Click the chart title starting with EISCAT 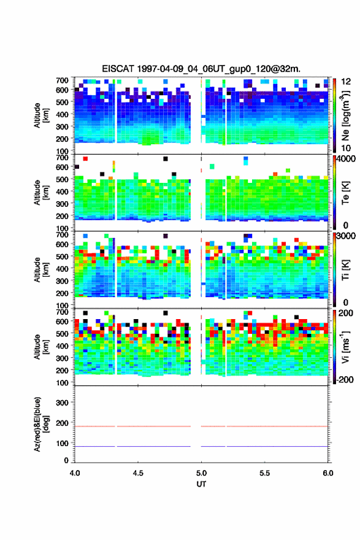[x=201, y=69]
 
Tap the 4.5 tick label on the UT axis [x=138, y=473]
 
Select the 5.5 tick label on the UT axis [x=265, y=473]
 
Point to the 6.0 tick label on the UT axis [x=328, y=473]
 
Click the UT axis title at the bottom [x=201, y=484]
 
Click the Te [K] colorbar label [x=345, y=193]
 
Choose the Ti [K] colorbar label [x=345, y=270]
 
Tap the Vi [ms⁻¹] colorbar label [x=345, y=347]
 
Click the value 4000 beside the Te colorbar [x=346, y=159]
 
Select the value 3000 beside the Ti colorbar [x=346, y=236]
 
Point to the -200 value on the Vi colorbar [x=345, y=379]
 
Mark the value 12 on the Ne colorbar [x=346, y=82]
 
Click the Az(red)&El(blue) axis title [x=40, y=424]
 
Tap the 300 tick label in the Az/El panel [x=62, y=403]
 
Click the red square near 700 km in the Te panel [x=85, y=159]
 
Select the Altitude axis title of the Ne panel [x=40, y=115]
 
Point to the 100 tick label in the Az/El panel [x=62, y=443]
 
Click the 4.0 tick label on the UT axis [x=75, y=473]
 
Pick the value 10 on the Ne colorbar [x=346, y=148]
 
